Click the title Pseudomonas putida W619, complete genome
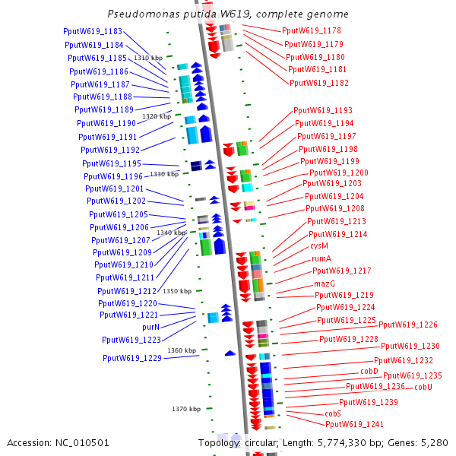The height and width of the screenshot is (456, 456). point(228,14)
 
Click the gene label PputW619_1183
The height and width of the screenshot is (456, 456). point(93,32)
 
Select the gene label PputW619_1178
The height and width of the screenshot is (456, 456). point(311,31)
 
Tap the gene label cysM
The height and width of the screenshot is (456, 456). point(319,246)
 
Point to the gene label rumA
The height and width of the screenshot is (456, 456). point(321,258)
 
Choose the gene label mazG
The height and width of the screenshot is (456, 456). point(325,283)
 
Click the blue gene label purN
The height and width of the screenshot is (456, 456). point(152,327)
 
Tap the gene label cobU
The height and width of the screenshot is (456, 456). point(423,387)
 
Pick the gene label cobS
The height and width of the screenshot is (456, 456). point(333,413)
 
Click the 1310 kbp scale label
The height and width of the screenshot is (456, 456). point(148,58)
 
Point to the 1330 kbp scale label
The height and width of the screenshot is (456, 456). point(164,174)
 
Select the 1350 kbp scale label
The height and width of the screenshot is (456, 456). point(177,291)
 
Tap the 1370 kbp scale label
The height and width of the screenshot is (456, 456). point(186,409)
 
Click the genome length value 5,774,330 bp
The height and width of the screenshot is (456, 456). point(340,442)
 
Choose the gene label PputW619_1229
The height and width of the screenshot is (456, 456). point(132,358)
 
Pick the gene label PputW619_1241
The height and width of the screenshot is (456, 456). point(355,424)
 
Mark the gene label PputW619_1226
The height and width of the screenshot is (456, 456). point(408,325)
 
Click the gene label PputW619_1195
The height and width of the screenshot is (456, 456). point(112,164)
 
